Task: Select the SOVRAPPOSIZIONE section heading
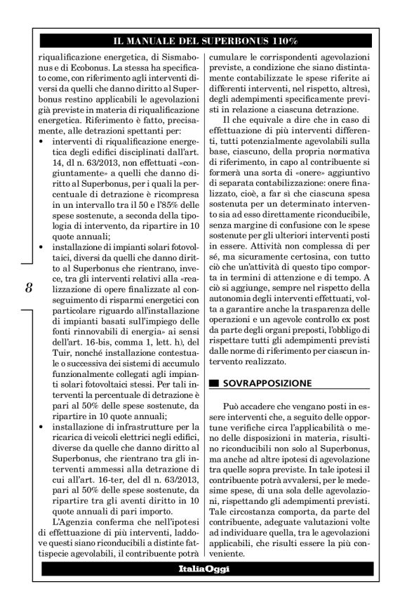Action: (x=269, y=384)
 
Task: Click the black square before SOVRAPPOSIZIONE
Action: (x=213, y=384)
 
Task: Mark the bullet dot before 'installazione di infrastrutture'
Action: (x=41, y=425)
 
